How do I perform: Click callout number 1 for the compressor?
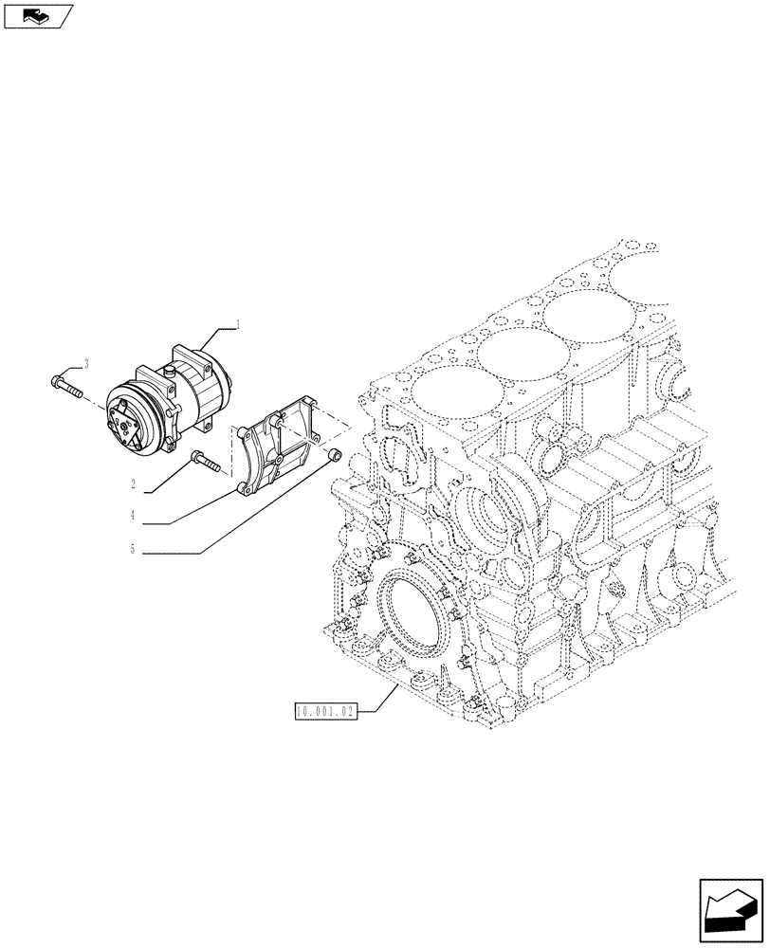(238, 324)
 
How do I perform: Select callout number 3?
(87, 363)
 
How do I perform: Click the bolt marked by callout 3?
(64, 386)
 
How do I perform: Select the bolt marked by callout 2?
(205, 462)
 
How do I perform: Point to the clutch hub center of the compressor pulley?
(127, 426)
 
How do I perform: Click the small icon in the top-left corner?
(37, 15)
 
